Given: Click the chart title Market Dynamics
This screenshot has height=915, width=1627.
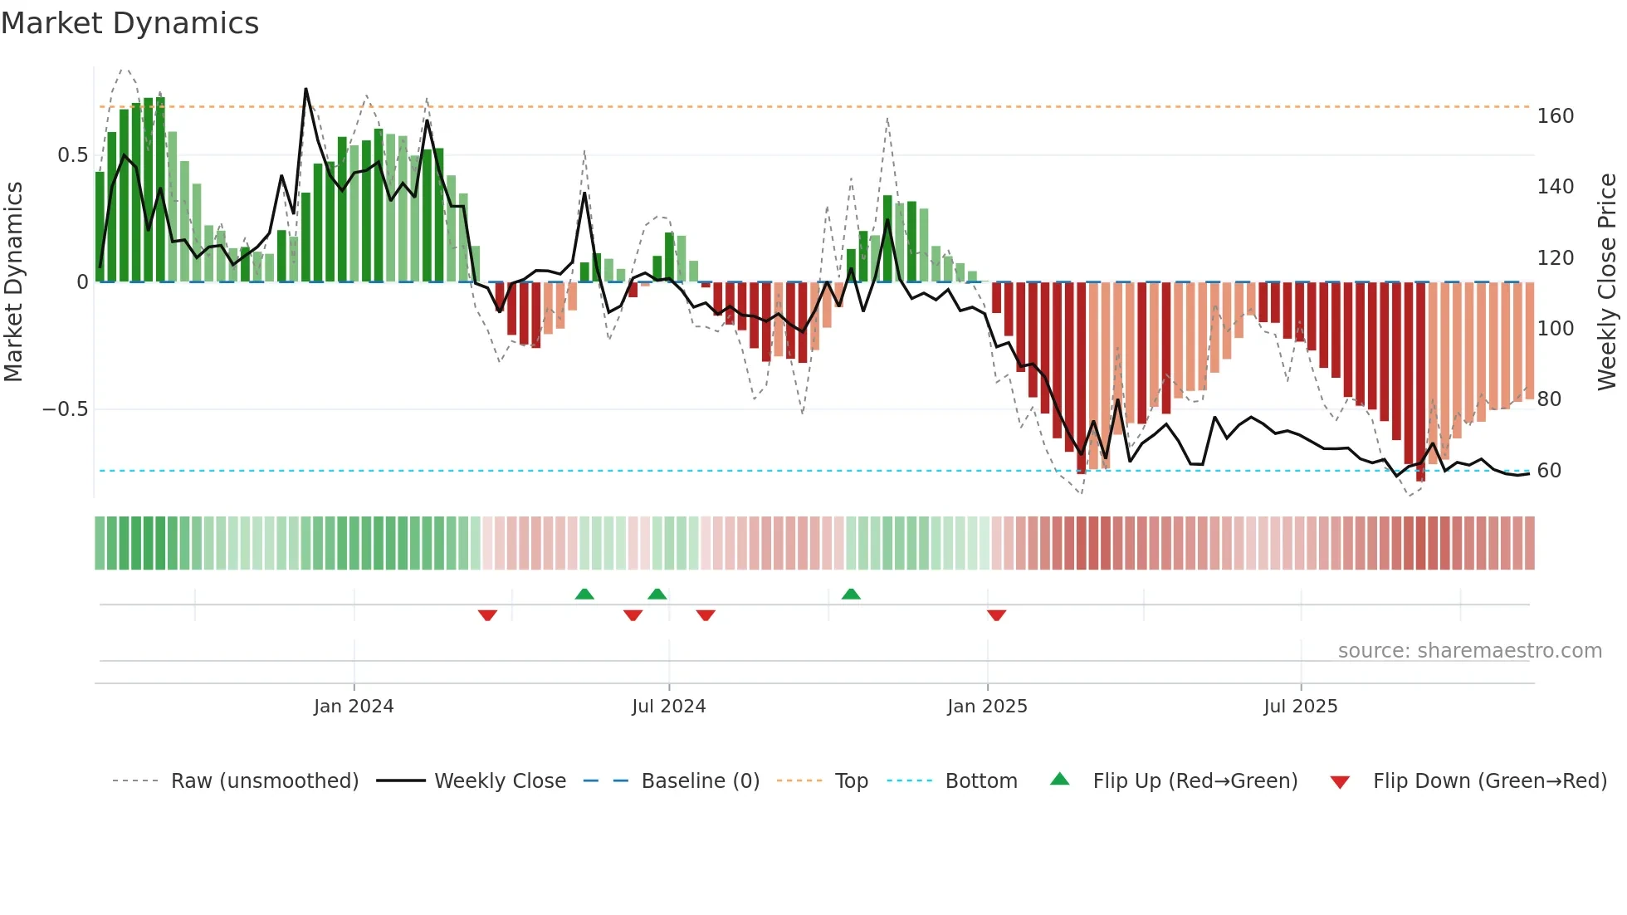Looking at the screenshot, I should [129, 23].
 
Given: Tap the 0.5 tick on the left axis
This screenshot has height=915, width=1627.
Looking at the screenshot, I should [72, 155].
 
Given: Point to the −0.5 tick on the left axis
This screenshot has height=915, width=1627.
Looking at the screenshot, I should [65, 409].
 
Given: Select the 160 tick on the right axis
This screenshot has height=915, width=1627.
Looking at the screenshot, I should [1555, 116].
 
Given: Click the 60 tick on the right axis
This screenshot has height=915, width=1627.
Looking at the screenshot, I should [1549, 471].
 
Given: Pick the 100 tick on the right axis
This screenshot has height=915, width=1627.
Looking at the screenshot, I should [1555, 329].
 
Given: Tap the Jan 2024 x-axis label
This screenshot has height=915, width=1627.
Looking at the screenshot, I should [354, 707].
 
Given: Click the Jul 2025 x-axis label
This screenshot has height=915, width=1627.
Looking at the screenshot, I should [1300, 707].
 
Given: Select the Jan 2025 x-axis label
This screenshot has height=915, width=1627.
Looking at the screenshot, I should [987, 707].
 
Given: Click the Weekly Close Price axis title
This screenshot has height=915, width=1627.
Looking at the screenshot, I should [1607, 282].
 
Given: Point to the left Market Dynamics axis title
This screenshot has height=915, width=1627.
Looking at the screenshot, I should [13, 282].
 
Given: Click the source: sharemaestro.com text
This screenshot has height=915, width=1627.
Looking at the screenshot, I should [1469, 651].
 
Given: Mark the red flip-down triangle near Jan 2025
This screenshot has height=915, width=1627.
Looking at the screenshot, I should [996, 615].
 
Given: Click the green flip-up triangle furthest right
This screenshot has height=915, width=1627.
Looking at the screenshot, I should [851, 594].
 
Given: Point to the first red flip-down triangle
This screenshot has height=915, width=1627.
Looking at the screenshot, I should [487, 615].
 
